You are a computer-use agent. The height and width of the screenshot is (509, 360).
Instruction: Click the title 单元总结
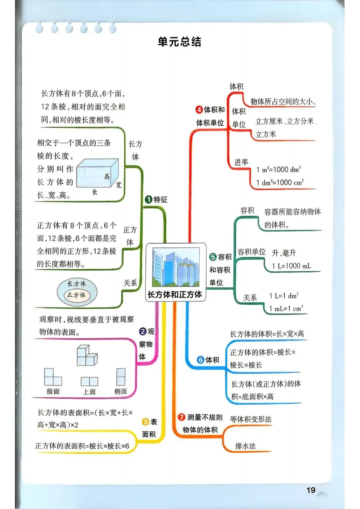click(x=179, y=42)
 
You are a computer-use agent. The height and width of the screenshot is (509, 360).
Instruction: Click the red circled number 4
click(x=199, y=110)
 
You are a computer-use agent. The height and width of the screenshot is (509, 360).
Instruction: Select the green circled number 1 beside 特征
click(x=148, y=199)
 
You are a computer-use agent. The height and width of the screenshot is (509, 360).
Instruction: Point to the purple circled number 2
click(x=143, y=332)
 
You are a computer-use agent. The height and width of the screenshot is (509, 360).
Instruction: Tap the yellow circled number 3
click(x=145, y=422)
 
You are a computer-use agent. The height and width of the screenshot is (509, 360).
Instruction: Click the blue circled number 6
click(x=200, y=360)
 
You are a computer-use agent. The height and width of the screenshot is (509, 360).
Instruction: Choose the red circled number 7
click(x=181, y=417)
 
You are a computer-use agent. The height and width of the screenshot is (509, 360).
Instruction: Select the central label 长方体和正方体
click(x=175, y=295)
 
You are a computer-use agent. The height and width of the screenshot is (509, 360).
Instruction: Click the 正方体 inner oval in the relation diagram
click(x=76, y=295)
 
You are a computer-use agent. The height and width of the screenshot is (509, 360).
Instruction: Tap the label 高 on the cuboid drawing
click(x=107, y=176)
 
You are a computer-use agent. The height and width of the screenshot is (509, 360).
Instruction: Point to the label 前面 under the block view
click(x=53, y=391)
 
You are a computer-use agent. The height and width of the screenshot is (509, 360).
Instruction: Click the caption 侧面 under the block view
click(x=121, y=391)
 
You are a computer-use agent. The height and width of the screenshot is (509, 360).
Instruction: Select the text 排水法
click(x=245, y=446)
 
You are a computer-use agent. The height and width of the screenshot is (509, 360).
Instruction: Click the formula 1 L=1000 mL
click(x=292, y=266)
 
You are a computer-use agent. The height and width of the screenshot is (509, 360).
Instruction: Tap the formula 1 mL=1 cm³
click(x=286, y=308)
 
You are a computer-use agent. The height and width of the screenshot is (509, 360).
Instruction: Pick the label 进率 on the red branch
click(x=241, y=162)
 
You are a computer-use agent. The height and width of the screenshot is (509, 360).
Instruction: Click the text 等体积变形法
click(x=251, y=419)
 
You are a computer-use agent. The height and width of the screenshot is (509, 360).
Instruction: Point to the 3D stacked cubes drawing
click(x=87, y=355)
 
